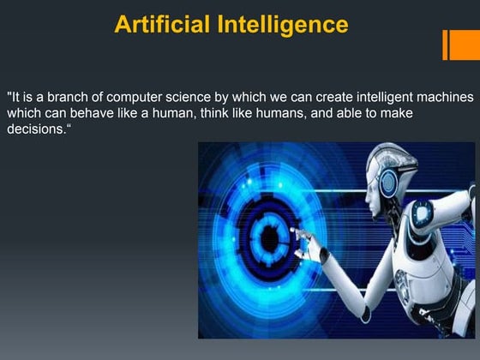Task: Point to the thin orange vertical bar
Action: point(445,45)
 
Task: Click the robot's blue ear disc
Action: point(390,182)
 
